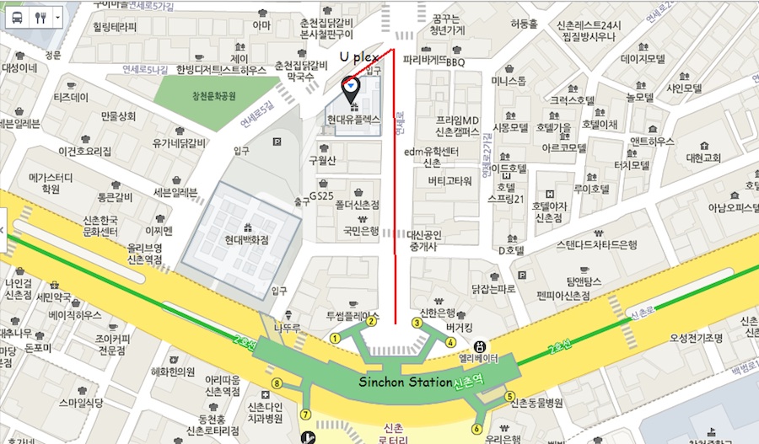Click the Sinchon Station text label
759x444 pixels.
(x=406, y=382)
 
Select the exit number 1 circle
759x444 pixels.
(x=335, y=338)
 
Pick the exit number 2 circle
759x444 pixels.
(x=370, y=322)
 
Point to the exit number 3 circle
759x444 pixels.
(x=417, y=322)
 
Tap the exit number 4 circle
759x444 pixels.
(x=450, y=342)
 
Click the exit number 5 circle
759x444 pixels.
(x=509, y=395)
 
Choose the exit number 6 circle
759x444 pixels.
(x=477, y=429)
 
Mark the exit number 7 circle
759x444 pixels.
(x=305, y=414)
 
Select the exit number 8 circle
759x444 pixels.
(x=276, y=384)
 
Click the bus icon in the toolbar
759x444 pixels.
(x=17, y=17)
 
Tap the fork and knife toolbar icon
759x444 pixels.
(x=40, y=17)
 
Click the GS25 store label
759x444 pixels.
(x=320, y=195)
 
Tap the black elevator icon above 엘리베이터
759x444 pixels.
(x=480, y=345)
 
